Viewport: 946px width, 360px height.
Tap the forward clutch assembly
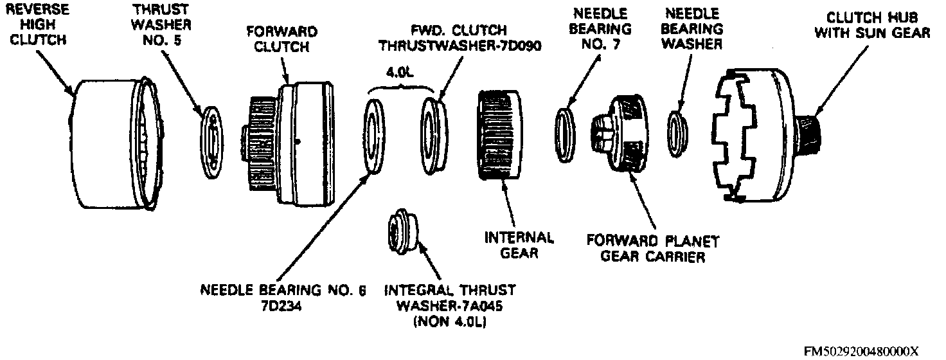point(292,144)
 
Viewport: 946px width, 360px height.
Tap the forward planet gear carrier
point(620,132)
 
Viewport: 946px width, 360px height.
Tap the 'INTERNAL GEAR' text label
point(519,245)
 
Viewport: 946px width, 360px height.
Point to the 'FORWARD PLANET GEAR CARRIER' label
point(652,249)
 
